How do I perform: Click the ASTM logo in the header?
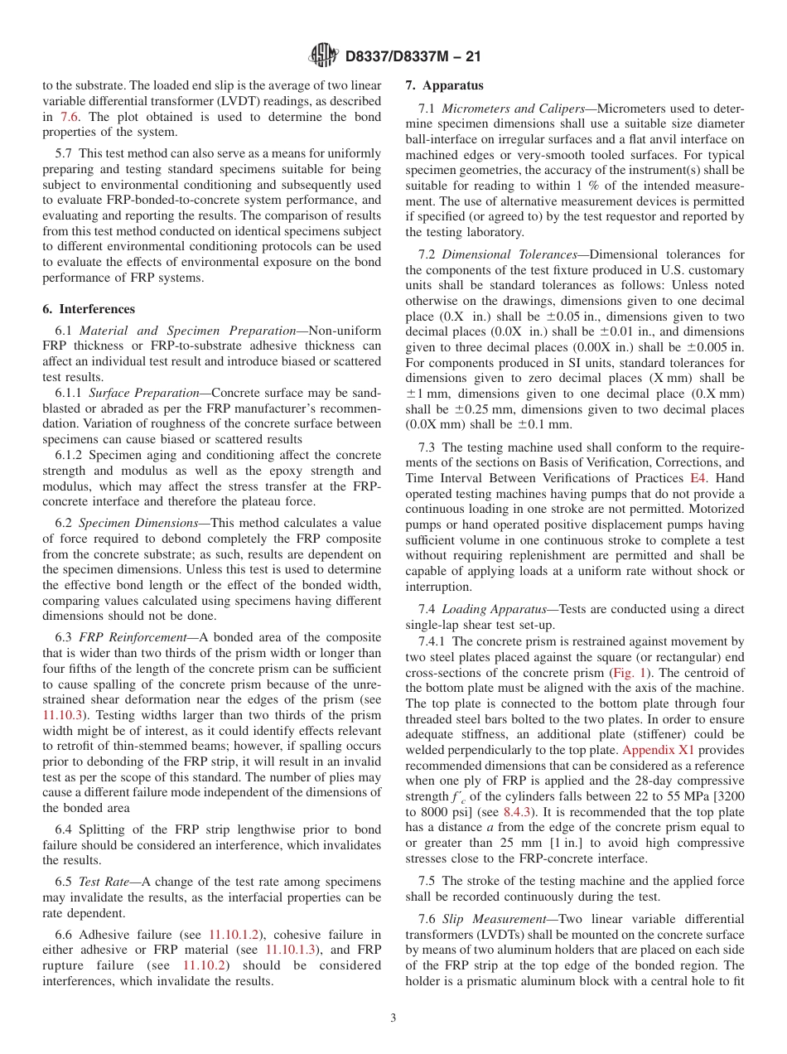[324, 56]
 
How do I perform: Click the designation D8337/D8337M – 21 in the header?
[412, 56]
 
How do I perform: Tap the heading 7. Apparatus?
[444, 85]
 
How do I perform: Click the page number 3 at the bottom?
[393, 1018]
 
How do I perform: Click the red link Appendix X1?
[658, 750]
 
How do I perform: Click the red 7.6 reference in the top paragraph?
[69, 118]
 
